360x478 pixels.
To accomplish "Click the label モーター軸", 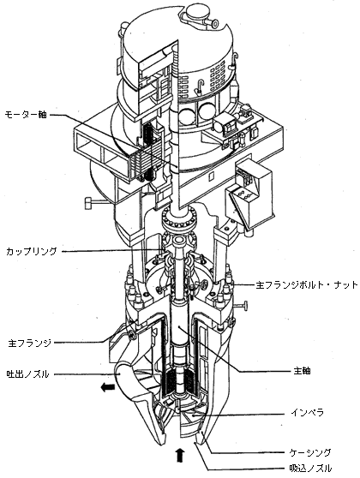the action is pyautogui.click(x=26, y=115).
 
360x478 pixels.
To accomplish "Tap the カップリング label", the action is pyautogui.click(x=31, y=252).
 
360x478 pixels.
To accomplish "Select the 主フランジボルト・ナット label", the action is pyautogui.click(x=307, y=284).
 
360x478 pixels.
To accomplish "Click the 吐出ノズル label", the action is pyautogui.click(x=27, y=373).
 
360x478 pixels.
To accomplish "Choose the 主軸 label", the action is pyautogui.click(x=302, y=371).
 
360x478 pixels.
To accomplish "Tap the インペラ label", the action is pyautogui.click(x=307, y=413).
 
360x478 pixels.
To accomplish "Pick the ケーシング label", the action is pyautogui.click(x=310, y=452).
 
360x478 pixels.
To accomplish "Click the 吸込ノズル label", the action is pyautogui.click(x=310, y=468).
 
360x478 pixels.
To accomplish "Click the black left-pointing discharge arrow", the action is pyautogui.click(x=108, y=387).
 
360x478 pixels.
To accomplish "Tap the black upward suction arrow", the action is pyautogui.click(x=180, y=455).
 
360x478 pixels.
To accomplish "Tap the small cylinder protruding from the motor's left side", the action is pyautogui.click(x=88, y=203).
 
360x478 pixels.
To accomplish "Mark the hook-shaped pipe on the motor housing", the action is pyautogui.click(x=199, y=86).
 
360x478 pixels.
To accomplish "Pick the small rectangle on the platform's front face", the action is pyautogui.click(x=211, y=176).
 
